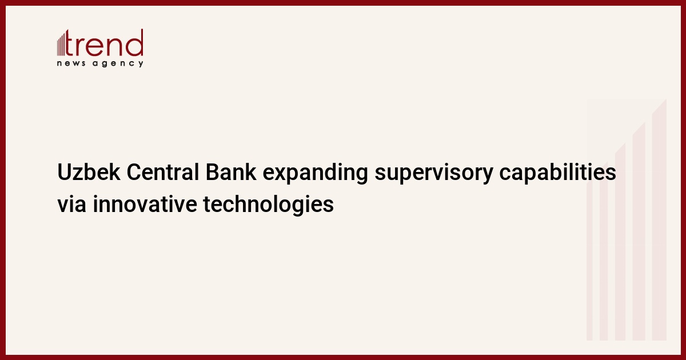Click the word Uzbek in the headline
click(x=89, y=172)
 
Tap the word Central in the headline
click(x=162, y=172)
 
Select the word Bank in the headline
click(x=230, y=172)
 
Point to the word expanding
click(x=315, y=174)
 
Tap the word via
click(x=71, y=204)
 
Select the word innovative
click(x=145, y=204)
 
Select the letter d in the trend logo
click(x=134, y=42)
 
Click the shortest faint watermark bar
click(x=589, y=260)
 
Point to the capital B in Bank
click(x=212, y=172)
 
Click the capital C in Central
click(x=133, y=172)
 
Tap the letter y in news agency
click(x=141, y=64)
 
